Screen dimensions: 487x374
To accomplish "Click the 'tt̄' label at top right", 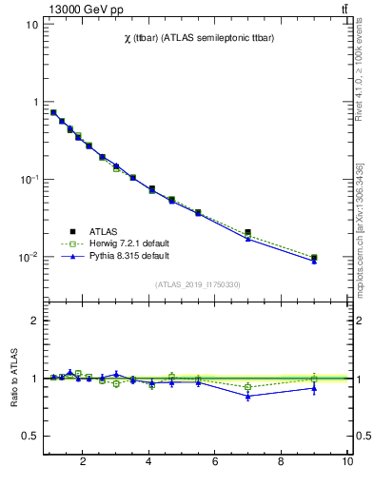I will pos(343,9).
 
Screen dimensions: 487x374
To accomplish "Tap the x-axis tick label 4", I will pos(148,462).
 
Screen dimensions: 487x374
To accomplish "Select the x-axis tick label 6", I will pos(215,462).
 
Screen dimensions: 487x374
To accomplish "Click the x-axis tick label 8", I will pos(281,462).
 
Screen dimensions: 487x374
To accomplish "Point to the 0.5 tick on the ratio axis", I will pos(31,436).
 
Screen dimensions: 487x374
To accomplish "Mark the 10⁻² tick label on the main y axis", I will pos(28,258).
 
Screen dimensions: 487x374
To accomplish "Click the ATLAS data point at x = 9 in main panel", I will pos(314,258).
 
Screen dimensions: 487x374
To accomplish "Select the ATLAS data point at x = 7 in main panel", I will pos(247,232).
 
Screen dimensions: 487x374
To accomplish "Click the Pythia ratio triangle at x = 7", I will pos(247,396).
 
